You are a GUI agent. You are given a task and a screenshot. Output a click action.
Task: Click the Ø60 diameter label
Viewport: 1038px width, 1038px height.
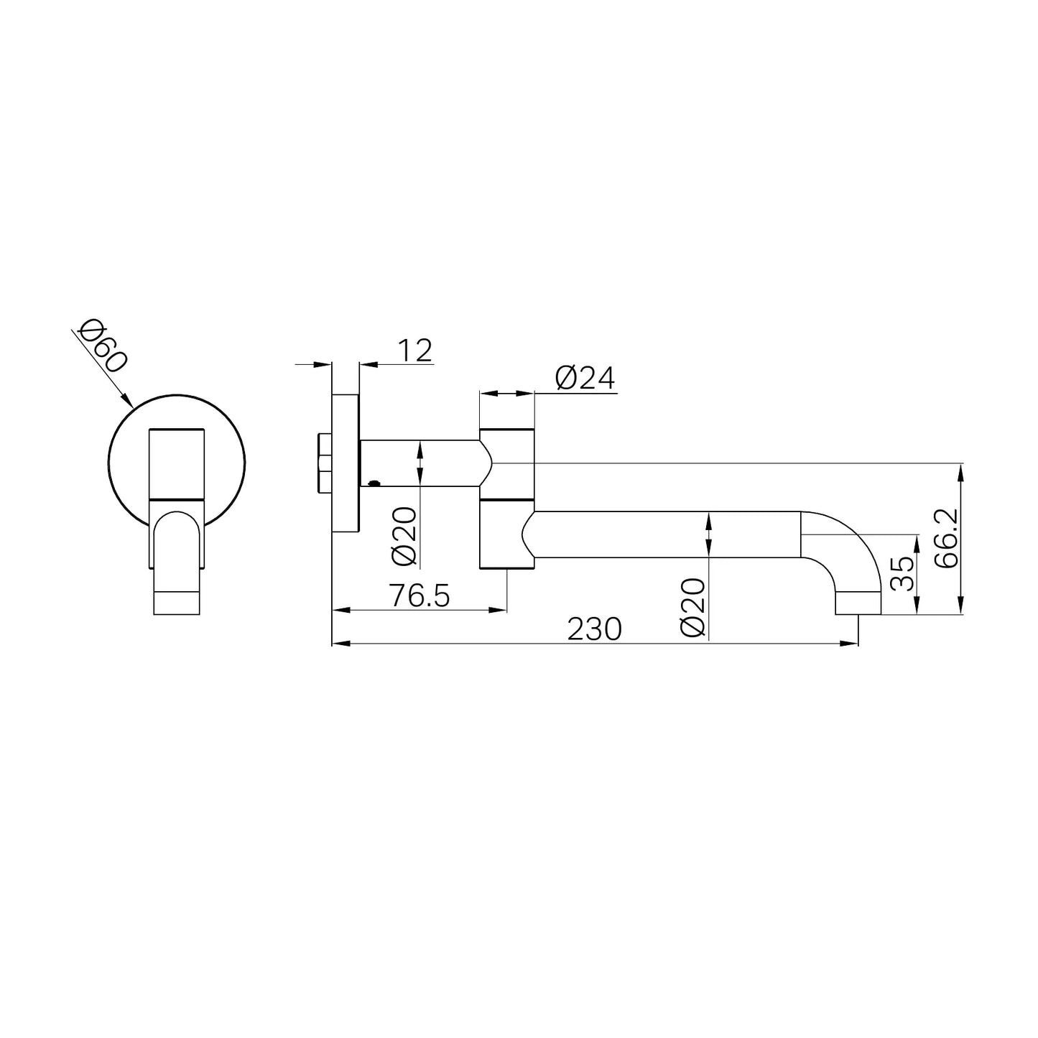click(x=103, y=346)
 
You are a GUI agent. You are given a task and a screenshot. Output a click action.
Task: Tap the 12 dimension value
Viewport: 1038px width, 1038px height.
click(x=414, y=351)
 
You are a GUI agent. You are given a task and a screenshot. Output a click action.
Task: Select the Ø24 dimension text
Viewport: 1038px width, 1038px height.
click(x=585, y=378)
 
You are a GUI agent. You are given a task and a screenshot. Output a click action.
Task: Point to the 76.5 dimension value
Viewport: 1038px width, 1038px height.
click(x=420, y=596)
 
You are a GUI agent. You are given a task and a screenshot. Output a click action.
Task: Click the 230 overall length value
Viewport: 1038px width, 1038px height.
click(x=594, y=629)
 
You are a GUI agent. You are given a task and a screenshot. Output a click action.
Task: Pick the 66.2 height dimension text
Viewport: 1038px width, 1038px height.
click(x=947, y=538)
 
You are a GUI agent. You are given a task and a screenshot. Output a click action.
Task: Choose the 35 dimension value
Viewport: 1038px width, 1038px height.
click(x=903, y=573)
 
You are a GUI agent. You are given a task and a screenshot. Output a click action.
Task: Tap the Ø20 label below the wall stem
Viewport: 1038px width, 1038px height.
click(x=405, y=537)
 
